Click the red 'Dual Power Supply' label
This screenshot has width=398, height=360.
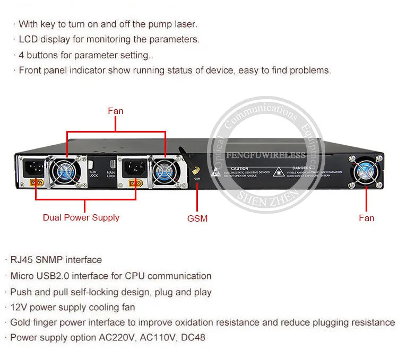pos(81,217)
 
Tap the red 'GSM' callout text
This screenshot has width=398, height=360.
pos(197,218)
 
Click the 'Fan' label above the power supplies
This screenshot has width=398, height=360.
pos(115,111)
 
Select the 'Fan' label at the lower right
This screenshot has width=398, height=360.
pos(366,218)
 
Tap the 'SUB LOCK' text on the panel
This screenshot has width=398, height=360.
pos(93,174)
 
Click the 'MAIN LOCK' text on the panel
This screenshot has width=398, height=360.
pos(111,174)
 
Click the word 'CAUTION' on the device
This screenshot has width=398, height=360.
pos(240,169)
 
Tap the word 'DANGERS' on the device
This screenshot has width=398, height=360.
pos(301,168)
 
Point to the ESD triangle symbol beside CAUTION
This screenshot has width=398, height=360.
pos(217,171)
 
